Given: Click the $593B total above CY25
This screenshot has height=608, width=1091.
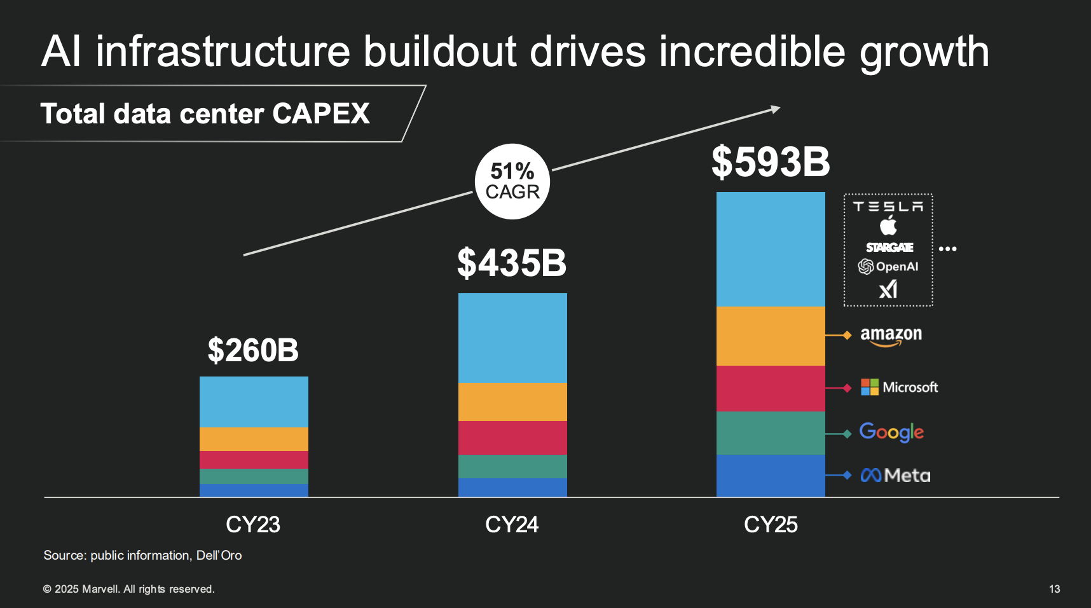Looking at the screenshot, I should point(771,162).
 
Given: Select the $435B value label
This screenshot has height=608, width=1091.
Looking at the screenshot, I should point(512,263).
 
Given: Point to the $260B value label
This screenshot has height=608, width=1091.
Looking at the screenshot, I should point(253,350).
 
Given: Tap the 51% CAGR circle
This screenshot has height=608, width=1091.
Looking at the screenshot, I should point(512,181).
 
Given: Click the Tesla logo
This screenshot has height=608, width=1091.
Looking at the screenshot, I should point(888,207).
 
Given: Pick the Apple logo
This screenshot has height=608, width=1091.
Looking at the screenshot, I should point(888,225).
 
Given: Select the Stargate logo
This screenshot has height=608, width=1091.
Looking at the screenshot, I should point(889,247).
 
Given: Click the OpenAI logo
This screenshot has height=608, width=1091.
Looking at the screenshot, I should point(888,266).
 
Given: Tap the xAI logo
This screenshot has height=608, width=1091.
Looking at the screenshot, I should point(888,289).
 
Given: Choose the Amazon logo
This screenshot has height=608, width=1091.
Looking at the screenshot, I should point(891,335).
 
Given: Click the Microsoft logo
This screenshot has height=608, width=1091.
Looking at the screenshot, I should point(899,387).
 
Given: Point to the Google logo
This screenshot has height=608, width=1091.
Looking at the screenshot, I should point(891,432).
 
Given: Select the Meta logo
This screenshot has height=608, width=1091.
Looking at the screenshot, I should point(895,475).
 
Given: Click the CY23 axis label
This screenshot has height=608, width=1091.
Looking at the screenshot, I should point(253,525).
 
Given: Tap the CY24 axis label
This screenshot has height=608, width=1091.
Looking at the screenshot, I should point(512,525).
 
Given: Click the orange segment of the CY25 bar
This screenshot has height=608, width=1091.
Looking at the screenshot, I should point(771,336).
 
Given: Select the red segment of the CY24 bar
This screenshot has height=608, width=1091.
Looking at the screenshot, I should point(512,438).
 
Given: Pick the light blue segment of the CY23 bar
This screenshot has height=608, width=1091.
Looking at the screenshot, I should point(254,401).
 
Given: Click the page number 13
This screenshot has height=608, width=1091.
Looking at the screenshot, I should point(1054,589).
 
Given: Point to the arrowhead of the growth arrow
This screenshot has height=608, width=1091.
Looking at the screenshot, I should point(776,109).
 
